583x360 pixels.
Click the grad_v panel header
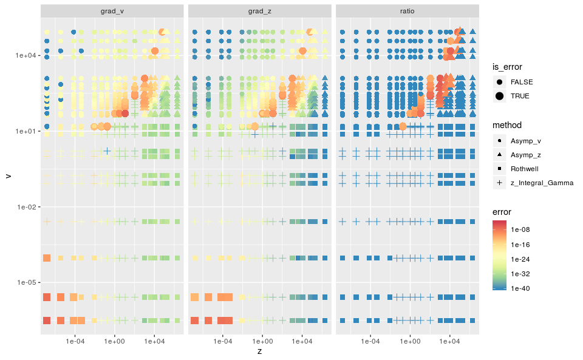[112, 11]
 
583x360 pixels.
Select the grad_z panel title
[259, 11]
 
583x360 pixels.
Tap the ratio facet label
[407, 11]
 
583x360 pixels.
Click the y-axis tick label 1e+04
[26, 55]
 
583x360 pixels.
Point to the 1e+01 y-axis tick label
[26, 131]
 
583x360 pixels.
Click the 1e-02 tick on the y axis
[26, 207]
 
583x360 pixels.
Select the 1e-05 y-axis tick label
[26, 283]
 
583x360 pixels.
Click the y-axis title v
[8, 175]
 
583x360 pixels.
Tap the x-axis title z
[259, 351]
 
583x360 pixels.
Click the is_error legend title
[507, 67]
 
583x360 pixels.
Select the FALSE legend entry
[522, 82]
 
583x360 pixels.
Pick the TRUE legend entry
[520, 97]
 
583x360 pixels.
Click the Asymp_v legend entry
[526, 141]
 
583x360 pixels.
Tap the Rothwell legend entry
[524, 169]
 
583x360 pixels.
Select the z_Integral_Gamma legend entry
[542, 183]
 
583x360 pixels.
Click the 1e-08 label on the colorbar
[520, 229]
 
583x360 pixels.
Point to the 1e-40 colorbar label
[520, 289]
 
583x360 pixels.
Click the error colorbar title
[502, 212]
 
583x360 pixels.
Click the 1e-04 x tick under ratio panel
[370, 341]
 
